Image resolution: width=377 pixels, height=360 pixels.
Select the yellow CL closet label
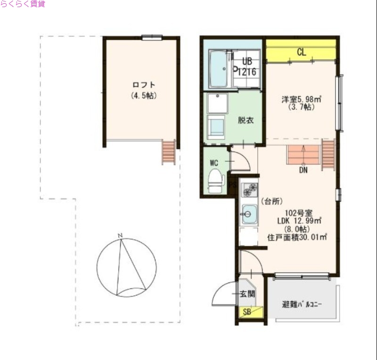[302, 53]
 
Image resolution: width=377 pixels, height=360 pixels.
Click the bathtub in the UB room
[218, 69]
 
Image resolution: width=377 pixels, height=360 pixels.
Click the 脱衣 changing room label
[246, 120]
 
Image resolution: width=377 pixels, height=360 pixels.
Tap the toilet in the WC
[215, 181]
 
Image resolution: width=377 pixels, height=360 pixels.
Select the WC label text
[214, 163]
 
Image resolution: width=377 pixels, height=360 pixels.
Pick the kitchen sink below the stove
[248, 215]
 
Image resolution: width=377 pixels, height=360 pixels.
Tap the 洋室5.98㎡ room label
[302, 100]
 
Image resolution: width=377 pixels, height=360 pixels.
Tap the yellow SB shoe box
[246, 311]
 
